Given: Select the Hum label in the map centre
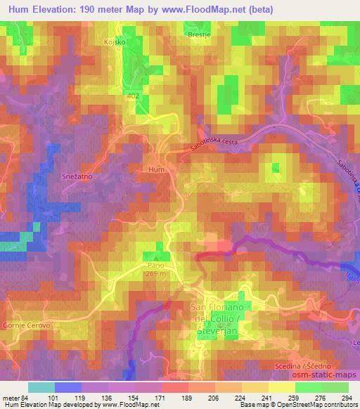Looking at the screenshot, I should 156,169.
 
